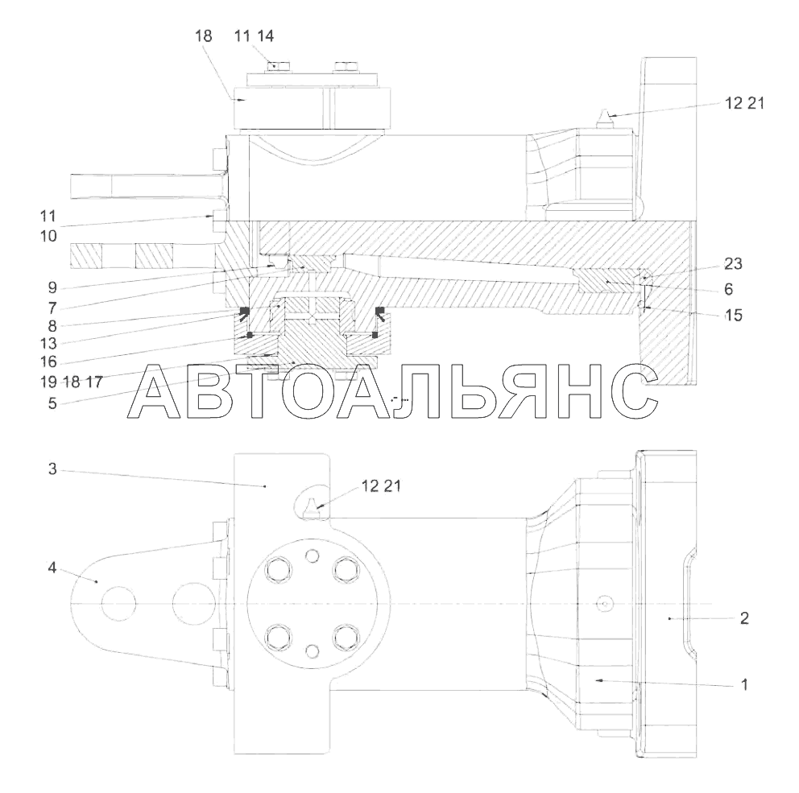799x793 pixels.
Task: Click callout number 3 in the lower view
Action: tap(52, 469)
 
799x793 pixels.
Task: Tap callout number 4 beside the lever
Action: tap(52, 567)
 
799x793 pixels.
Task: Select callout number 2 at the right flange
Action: tap(744, 618)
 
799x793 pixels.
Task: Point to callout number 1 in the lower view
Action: tap(744, 684)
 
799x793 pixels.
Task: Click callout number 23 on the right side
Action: tap(733, 264)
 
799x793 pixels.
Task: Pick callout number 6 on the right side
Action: tap(729, 289)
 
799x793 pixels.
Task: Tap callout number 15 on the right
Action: tap(733, 316)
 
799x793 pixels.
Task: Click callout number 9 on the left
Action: tap(52, 287)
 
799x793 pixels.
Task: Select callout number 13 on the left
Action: tap(49, 343)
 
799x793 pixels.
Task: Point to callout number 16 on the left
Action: tap(49, 361)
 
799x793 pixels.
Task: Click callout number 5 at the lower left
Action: tap(52, 403)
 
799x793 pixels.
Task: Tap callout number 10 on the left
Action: tap(48, 236)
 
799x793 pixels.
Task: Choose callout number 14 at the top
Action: tap(265, 35)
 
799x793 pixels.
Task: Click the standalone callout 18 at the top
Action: tap(203, 35)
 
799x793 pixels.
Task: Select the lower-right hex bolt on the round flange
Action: tap(346, 636)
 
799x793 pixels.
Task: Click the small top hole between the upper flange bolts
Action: tap(312, 556)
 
